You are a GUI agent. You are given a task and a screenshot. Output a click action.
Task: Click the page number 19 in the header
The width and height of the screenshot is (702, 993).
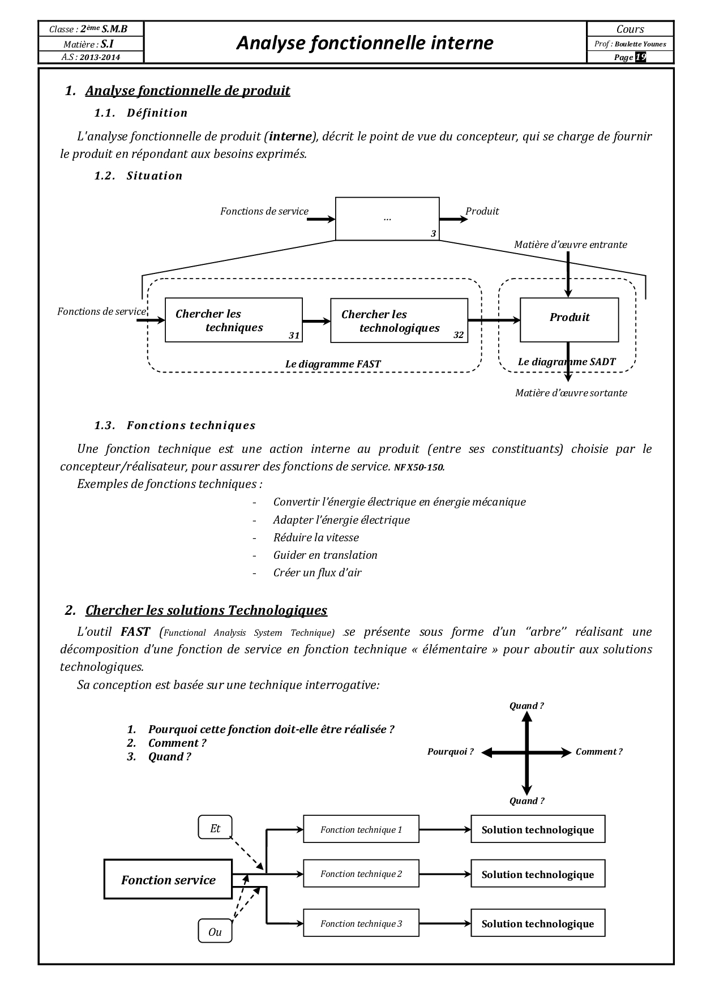pos(640,57)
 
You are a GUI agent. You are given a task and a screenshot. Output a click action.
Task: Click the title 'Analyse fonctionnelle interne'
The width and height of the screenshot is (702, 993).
pos(365,42)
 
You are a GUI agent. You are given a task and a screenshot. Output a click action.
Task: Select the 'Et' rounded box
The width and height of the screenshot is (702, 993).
pos(215,828)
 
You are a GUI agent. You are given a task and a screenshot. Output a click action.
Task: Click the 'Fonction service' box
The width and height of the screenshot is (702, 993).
pos(168,880)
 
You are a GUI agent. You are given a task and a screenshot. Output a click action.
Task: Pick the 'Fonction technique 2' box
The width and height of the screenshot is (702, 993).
pos(361,874)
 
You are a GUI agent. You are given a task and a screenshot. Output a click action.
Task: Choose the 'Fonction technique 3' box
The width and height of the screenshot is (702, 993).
pos(361,923)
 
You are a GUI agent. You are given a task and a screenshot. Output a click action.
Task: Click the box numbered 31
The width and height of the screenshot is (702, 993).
pos(233,320)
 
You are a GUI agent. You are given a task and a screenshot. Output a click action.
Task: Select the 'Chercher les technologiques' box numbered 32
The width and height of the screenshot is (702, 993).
pos(399,321)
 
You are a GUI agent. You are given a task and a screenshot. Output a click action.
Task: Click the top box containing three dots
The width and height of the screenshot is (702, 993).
pos(387,219)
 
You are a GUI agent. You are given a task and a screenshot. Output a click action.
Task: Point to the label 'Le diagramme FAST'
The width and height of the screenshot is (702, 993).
pos(333,364)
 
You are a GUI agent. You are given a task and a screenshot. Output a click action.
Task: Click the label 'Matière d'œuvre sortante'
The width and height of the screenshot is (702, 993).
pos(571,393)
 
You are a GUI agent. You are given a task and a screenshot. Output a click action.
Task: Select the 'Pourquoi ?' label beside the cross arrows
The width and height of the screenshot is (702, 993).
pos(450,752)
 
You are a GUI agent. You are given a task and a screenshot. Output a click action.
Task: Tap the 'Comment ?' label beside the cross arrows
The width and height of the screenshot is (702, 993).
pos(599,752)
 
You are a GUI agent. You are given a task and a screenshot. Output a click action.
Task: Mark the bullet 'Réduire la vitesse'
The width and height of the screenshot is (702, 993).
pos(316,537)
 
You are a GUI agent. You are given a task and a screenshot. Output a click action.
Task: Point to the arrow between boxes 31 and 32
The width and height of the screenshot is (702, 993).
pos(316,322)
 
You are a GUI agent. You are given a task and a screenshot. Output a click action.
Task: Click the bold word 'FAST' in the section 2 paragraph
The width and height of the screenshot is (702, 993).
pos(135,632)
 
